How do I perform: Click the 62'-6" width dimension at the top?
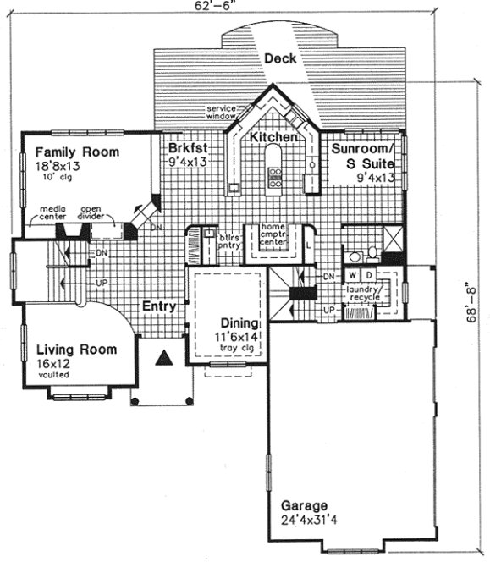tap(244, 7)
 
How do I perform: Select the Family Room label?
tap(77, 152)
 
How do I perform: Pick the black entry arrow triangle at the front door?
tap(166, 360)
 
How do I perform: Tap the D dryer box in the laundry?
tap(371, 276)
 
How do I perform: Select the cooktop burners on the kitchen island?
tap(275, 175)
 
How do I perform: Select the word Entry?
tap(158, 306)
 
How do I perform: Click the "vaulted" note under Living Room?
tap(53, 373)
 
